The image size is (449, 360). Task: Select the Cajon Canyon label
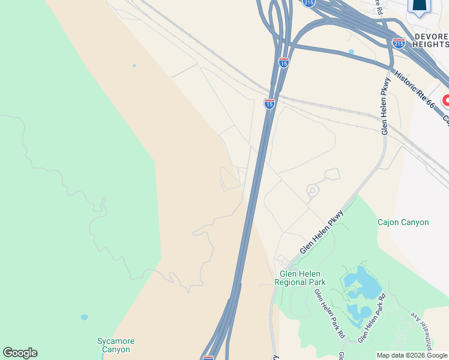(403, 222)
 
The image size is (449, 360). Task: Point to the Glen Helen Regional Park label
(300, 277)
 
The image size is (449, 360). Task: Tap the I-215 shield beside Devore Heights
(399, 43)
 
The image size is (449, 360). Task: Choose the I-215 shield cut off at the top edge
(309, 3)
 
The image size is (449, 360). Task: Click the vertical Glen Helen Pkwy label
(385, 106)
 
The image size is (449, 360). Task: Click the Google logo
(20, 353)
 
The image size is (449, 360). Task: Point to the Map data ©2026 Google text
(412, 355)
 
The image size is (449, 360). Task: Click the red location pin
(446, 101)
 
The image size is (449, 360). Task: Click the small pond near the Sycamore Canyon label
(84, 317)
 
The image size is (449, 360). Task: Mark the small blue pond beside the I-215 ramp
(351, 52)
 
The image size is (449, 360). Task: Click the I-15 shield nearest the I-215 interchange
(284, 62)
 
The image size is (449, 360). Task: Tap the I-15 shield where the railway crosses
(270, 104)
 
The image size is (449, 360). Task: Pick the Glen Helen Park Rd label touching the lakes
(372, 318)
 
